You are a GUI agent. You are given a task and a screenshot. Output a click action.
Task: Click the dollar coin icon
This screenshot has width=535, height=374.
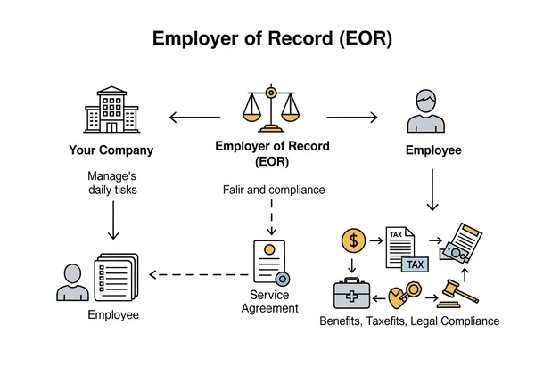353,240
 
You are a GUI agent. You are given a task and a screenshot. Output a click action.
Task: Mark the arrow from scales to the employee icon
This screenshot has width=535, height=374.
354,117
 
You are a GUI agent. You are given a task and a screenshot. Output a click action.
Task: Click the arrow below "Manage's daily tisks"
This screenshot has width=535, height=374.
112,219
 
